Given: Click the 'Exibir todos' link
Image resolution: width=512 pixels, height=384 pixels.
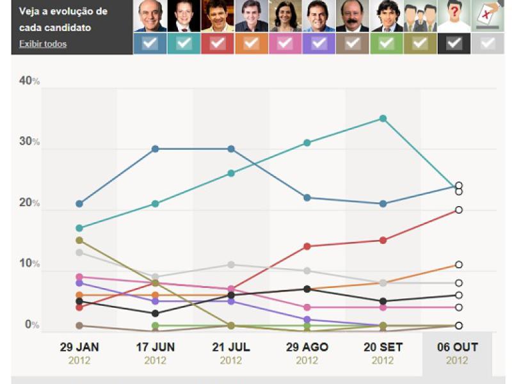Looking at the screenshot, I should (43, 44).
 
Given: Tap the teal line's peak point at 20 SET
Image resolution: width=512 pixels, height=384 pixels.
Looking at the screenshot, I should (383, 118).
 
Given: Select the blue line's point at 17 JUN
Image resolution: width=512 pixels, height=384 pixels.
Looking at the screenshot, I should (155, 149).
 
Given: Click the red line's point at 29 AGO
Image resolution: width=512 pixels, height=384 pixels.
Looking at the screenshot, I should (307, 246).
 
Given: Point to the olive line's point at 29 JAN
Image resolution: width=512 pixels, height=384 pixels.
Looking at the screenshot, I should (79, 241).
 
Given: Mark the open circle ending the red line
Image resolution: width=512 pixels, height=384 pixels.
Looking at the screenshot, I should (459, 210).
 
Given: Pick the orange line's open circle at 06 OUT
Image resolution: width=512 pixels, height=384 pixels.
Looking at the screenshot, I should (459, 264).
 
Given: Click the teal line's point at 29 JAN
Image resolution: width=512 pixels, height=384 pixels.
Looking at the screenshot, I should (79, 228).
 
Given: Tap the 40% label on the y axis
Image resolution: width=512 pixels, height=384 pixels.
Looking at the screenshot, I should (29, 81).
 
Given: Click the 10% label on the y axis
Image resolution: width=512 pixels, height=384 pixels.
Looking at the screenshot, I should (29, 264).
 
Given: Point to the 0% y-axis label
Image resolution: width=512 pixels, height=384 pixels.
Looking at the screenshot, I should (32, 324).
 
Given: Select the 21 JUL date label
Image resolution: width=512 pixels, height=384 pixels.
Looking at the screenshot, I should (231, 348).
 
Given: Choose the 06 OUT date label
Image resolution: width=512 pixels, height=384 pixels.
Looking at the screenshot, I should (457, 348).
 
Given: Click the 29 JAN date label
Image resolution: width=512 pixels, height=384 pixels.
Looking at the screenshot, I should (79, 348).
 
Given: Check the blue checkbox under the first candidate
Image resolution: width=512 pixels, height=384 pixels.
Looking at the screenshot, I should (150, 44).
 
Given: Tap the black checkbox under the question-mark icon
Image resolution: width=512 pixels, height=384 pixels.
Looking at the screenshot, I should (454, 44).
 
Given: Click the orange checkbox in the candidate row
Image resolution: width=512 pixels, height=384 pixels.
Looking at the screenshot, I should (252, 44).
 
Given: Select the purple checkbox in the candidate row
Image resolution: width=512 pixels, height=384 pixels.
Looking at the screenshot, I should (319, 44).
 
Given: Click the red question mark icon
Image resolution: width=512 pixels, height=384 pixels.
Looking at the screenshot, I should (454, 14).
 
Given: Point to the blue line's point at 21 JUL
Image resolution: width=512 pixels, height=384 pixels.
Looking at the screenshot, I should (231, 149).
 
